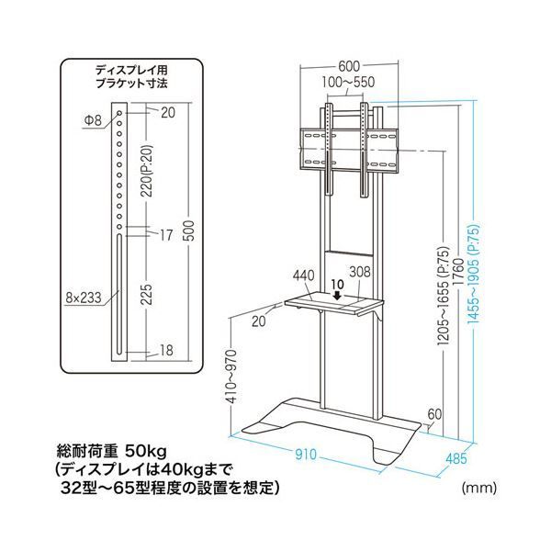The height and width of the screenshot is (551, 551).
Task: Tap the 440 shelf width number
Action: click(292, 273)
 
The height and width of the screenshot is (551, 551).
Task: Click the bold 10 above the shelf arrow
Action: click(337, 283)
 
